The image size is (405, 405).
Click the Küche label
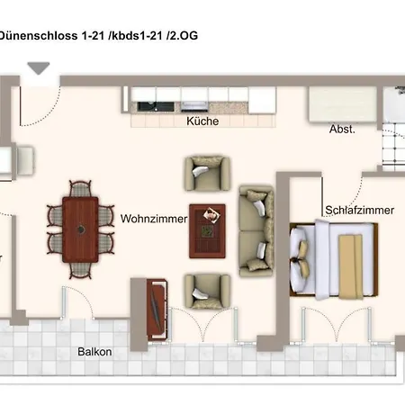(202, 121)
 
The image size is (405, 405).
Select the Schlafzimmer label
(358, 211)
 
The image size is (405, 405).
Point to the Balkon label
(94, 352)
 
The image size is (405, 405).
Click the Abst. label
(342, 130)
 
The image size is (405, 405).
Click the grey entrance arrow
(40, 68)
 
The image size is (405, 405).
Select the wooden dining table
(81, 229)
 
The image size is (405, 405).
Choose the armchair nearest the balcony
(207, 290)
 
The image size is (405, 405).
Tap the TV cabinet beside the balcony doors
(153, 306)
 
